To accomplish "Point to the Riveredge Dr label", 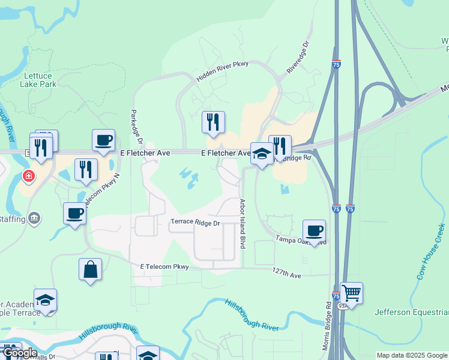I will click(x=298, y=58).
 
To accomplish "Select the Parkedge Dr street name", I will click(x=135, y=127).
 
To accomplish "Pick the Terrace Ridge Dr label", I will click(x=196, y=223).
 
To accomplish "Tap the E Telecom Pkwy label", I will click(x=164, y=266).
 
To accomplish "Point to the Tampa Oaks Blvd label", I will click(x=301, y=240).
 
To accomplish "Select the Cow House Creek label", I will click(x=431, y=252).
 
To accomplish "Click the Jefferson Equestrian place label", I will click(x=411, y=312).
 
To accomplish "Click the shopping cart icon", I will click(x=351, y=293).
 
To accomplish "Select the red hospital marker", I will click(x=28, y=176).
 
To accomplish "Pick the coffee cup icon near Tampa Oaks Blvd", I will click(x=314, y=230).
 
